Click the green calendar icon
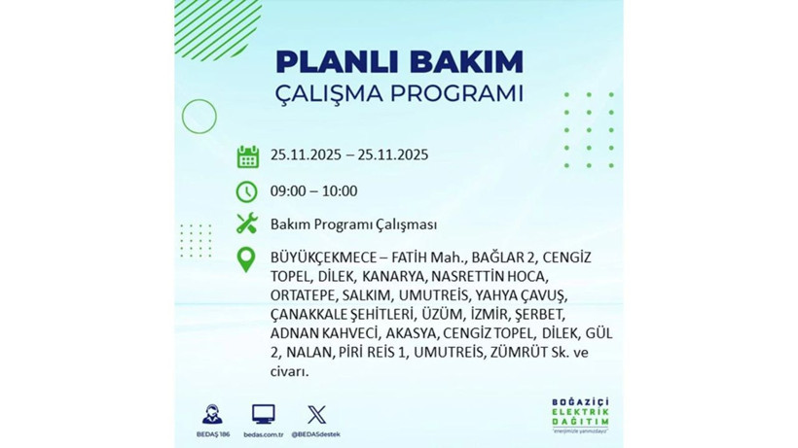(247, 155)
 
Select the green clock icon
(247, 190)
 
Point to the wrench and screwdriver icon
(247, 224)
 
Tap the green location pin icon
(247, 259)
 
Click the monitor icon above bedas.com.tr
(263, 414)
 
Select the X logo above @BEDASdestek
(316, 414)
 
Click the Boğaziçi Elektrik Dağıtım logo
(578, 415)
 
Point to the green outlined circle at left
(199, 117)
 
